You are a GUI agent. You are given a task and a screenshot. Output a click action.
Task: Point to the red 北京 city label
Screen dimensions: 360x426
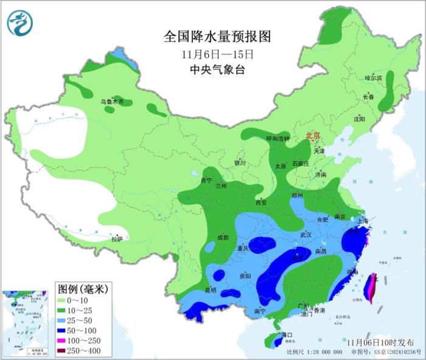313,135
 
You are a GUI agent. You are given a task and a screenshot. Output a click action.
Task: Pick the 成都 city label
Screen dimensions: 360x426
222,237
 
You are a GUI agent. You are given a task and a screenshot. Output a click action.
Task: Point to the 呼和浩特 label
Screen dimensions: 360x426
278,139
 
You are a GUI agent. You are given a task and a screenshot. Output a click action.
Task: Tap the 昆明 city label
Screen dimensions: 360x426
209,289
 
